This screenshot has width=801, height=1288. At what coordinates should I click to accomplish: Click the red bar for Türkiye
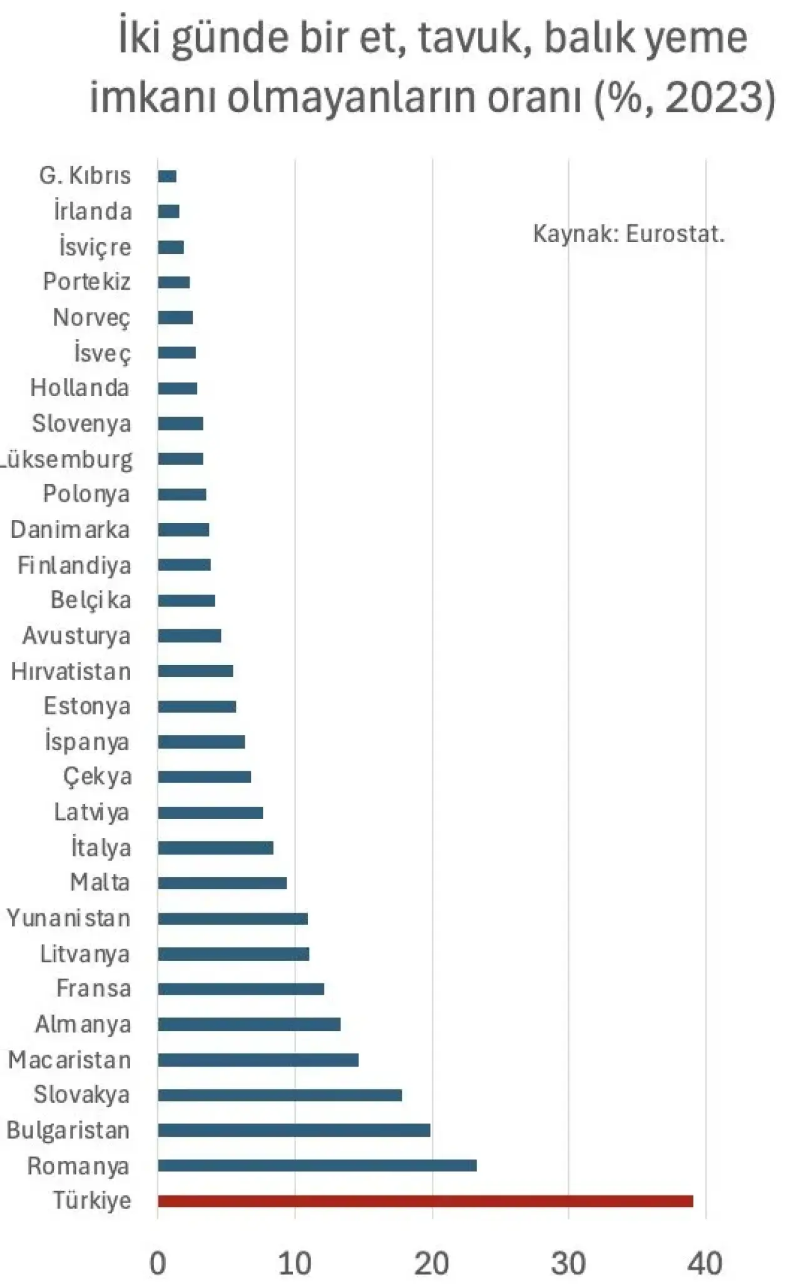(426, 1201)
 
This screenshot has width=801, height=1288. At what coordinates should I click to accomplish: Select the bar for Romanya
(317, 1165)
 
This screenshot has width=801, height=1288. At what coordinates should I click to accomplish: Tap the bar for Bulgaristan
(294, 1130)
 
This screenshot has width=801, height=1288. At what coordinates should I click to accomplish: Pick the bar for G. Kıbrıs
(167, 176)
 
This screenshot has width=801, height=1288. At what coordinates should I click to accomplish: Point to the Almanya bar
(249, 1024)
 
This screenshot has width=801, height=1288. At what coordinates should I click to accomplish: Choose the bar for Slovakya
(280, 1095)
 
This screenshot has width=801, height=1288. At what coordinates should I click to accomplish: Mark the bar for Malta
(222, 883)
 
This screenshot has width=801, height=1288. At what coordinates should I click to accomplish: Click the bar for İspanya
(202, 742)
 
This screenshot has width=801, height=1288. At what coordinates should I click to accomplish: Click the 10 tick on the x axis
(295, 1264)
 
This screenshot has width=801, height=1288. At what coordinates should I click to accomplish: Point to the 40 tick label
(705, 1264)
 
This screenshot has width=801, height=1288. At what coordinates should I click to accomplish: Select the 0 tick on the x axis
(158, 1264)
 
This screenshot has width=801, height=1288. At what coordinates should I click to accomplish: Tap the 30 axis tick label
(568, 1264)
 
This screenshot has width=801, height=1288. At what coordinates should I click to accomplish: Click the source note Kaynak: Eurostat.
(628, 234)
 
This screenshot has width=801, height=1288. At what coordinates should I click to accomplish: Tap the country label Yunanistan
(69, 918)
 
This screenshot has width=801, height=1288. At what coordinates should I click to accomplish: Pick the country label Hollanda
(80, 388)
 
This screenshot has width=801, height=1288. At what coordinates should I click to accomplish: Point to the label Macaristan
(69, 1060)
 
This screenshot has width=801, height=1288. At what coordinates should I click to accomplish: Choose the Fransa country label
(94, 988)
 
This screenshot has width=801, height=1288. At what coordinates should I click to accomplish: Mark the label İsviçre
(95, 247)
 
